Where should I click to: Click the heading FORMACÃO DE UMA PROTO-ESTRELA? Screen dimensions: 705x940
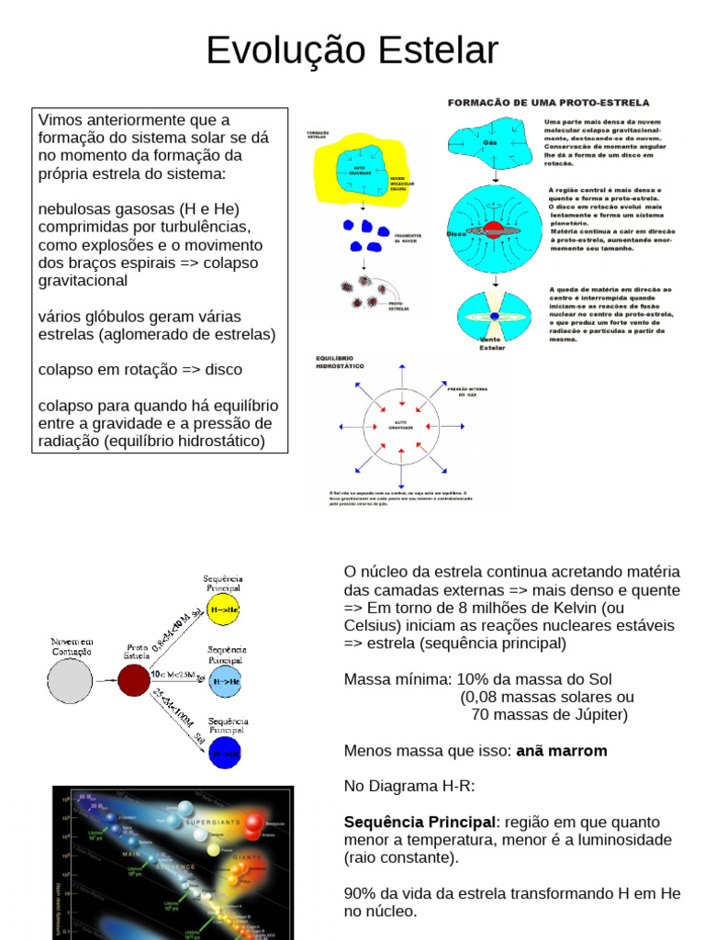[548, 103]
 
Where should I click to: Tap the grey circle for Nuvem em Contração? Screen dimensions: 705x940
[70, 681]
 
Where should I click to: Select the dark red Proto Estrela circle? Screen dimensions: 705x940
[134, 681]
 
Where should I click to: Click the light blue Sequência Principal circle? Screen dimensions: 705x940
[225, 681]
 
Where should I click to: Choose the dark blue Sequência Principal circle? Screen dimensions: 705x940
[225, 752]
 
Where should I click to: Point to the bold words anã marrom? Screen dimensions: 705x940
[562, 751]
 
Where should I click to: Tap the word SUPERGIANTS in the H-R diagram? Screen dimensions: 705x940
[212, 822]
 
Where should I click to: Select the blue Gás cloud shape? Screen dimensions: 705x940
[489, 142]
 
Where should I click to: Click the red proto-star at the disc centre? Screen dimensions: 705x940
[494, 229]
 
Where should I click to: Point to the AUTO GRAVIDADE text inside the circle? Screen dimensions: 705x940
[399, 425]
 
